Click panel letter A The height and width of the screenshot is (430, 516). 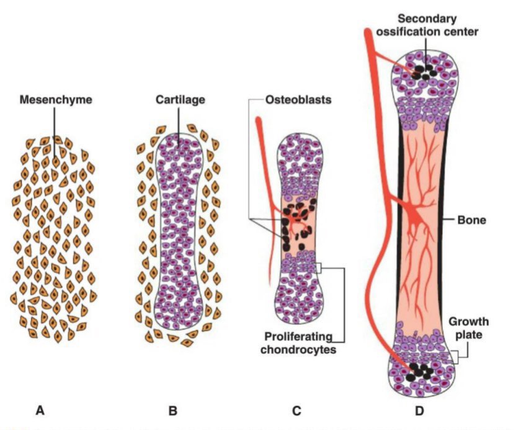pos(40,410)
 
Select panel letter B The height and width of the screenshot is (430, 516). pos(173,410)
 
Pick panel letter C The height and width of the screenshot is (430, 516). pos(296,410)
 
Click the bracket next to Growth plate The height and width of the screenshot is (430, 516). pos(457,354)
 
